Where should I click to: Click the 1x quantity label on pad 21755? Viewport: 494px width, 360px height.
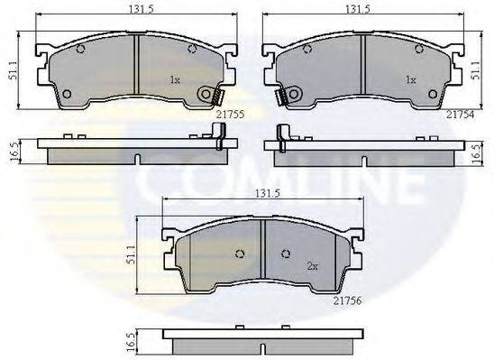pyautogui.click(x=175, y=80)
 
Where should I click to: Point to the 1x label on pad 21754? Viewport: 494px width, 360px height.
pyautogui.click(x=410, y=80)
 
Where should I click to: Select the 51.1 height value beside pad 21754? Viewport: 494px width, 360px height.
pyautogui.click(x=479, y=70)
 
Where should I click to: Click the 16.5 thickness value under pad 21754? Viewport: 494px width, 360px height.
pyautogui.click(x=479, y=151)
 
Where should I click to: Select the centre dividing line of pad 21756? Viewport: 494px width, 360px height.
pyautogui.click(x=262, y=255)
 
